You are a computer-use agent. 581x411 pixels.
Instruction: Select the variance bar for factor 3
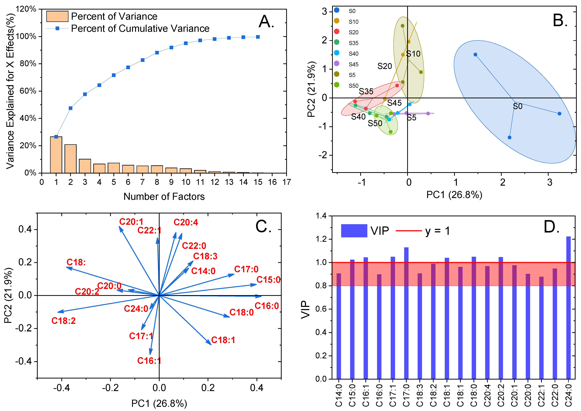pos(85,166)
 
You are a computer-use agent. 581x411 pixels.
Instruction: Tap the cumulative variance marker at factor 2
pos(71,108)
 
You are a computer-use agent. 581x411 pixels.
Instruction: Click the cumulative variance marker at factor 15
pos(258,37)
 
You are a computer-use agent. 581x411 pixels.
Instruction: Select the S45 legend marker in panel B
pos(337,63)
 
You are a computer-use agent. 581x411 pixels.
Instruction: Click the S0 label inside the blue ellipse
pos(518,106)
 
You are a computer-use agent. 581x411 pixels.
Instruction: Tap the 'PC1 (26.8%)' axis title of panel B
pos(454,195)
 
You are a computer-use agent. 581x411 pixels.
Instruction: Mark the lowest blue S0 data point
pos(510,137)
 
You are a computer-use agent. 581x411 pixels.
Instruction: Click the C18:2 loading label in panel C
pos(64,321)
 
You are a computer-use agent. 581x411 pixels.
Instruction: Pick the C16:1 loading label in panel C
pos(149,361)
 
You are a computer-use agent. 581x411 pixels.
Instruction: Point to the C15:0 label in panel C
pos(268,280)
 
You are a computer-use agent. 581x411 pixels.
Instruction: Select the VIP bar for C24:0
pos(568,308)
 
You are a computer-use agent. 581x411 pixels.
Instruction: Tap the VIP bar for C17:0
pos(406,313)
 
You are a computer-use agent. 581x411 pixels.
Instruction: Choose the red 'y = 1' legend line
pos(409,231)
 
